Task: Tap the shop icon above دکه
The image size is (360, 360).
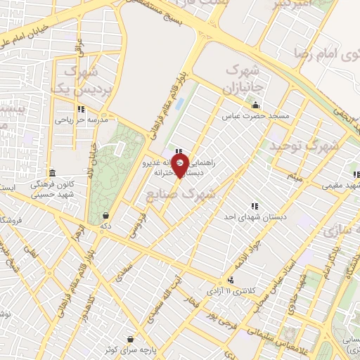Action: (105, 216)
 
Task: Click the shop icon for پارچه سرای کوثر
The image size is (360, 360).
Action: (130, 337)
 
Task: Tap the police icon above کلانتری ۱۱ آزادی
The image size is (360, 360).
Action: (229, 279)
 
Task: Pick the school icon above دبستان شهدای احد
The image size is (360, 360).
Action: (254, 206)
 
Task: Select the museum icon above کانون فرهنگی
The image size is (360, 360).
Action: (52, 173)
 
